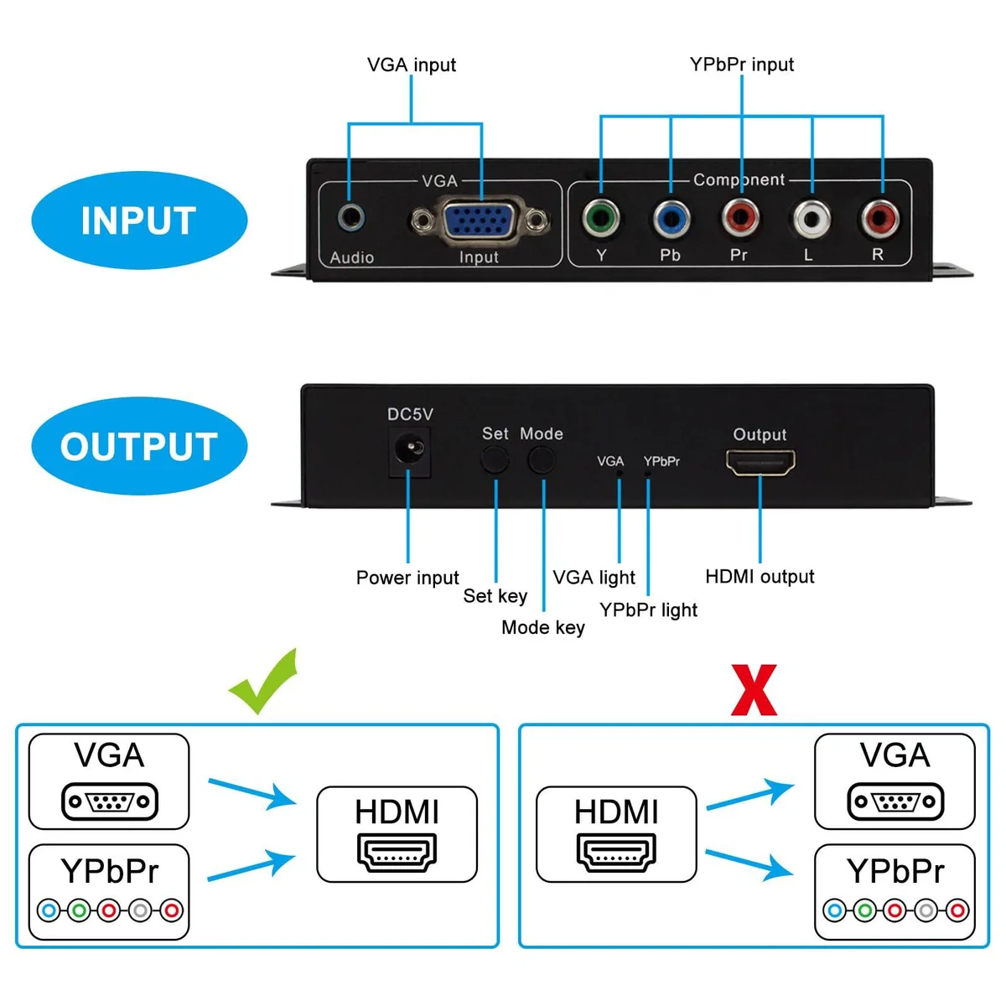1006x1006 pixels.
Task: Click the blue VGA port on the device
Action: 480,221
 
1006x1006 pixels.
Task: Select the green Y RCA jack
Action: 601,218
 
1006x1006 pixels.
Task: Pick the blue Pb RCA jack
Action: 672,218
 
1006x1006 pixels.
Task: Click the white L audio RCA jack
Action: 812,219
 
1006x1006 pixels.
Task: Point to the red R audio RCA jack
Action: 880,218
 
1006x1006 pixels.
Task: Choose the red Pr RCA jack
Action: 740,217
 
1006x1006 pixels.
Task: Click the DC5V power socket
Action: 409,452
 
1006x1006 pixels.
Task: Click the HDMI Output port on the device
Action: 760,463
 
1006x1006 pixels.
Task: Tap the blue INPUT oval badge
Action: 139,220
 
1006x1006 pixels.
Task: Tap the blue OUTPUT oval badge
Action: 139,446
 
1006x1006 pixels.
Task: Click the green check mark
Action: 264,682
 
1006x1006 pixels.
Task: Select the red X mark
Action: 754,690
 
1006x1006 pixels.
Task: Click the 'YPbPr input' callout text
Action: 741,65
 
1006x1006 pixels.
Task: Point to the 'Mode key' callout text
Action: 543,627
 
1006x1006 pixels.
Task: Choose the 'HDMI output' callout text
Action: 760,576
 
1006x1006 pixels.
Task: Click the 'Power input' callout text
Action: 407,578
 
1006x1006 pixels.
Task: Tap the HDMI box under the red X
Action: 616,834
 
